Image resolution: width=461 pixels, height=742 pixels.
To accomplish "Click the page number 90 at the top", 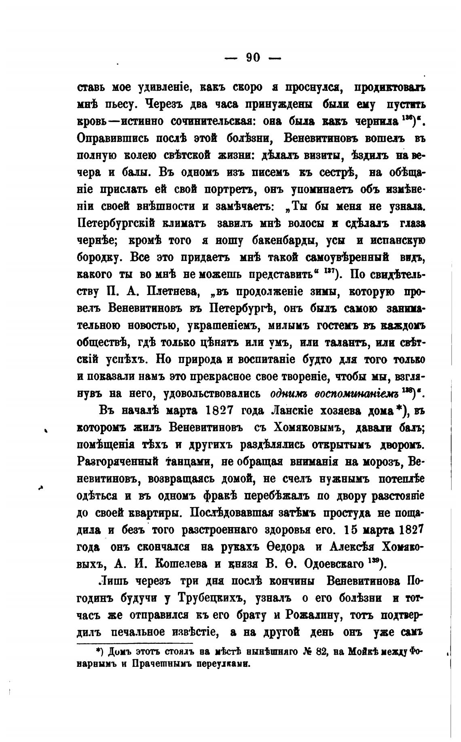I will coord(253,58).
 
